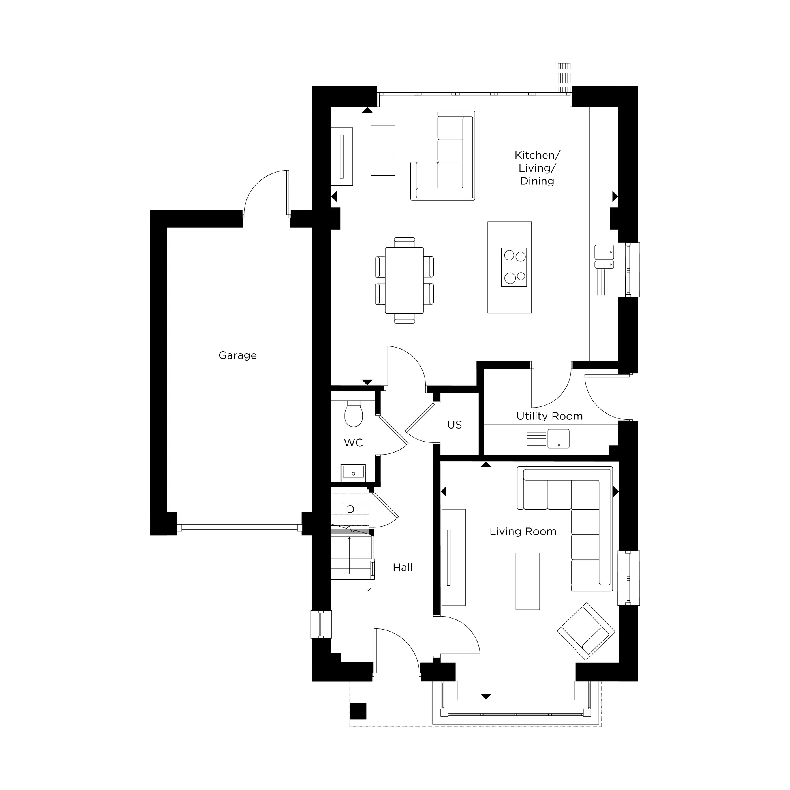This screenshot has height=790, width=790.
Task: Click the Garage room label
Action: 237,355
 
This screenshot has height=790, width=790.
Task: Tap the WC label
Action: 353,443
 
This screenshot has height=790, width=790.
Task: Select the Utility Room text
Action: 549,416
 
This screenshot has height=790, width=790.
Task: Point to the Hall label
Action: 403,568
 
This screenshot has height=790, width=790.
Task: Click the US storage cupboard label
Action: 454,425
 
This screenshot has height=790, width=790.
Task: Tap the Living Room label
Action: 523,532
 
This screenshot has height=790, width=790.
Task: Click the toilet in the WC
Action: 353,414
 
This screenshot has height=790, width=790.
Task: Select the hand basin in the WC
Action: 353,472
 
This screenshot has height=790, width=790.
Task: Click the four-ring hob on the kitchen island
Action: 513,267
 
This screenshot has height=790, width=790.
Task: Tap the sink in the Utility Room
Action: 558,439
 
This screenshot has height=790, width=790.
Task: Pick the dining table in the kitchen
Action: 404,280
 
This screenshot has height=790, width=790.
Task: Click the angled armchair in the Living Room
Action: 586,631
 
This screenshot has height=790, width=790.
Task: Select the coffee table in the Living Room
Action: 527,581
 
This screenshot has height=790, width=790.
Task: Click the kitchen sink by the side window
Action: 604,257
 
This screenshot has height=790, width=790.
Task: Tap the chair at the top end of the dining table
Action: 404,242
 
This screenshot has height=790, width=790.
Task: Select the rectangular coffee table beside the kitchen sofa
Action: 383,150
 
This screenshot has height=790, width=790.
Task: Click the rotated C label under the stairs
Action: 350,510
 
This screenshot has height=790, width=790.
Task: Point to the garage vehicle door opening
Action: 239,527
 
